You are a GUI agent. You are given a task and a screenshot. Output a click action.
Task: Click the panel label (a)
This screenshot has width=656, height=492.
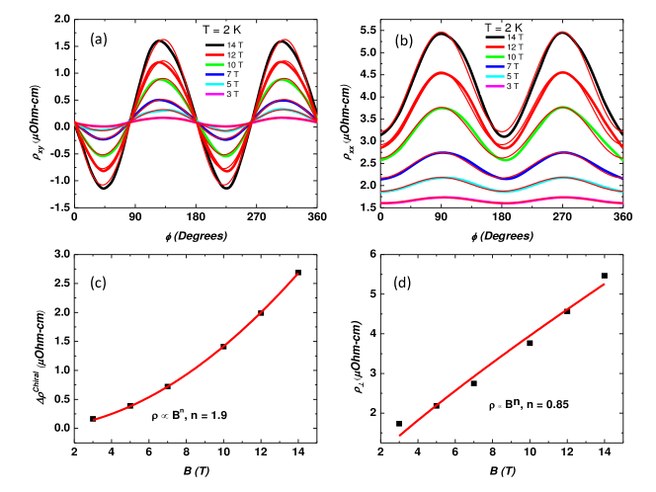[x=99, y=40]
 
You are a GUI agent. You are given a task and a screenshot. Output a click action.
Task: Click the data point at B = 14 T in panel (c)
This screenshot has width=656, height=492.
[x=298, y=273]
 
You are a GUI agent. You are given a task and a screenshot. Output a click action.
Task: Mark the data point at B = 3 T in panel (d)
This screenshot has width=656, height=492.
[x=399, y=424]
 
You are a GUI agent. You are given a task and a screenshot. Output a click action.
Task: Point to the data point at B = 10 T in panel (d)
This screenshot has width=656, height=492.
[x=530, y=343]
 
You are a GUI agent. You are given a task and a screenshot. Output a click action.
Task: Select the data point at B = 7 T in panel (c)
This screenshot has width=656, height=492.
[x=168, y=386]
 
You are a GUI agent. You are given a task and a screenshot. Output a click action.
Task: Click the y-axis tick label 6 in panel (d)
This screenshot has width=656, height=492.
[x=371, y=255]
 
